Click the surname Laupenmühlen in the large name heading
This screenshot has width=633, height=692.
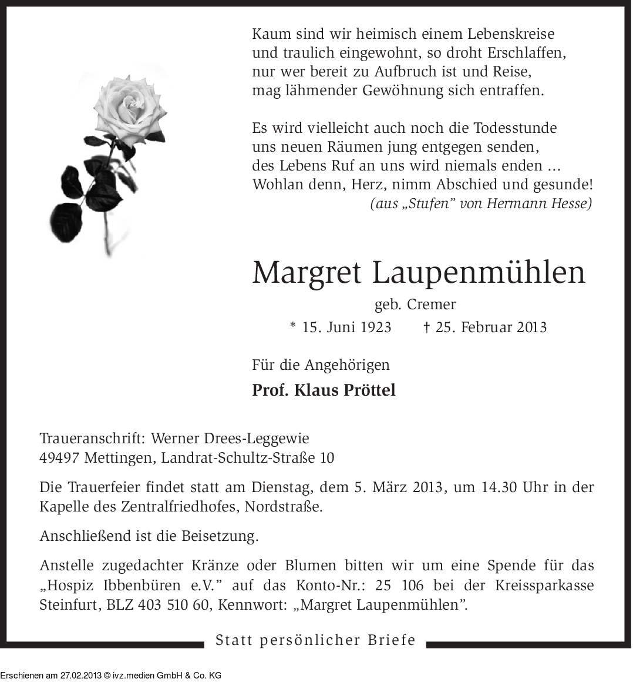[479, 272]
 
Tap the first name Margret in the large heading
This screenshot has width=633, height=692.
[307, 272]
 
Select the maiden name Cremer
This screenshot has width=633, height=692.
[432, 305]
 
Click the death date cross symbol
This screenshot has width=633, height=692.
[427, 327]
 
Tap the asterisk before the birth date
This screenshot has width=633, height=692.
[294, 327]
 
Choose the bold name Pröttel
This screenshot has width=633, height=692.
[368, 390]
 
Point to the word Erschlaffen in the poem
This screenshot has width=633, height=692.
[527, 53]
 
